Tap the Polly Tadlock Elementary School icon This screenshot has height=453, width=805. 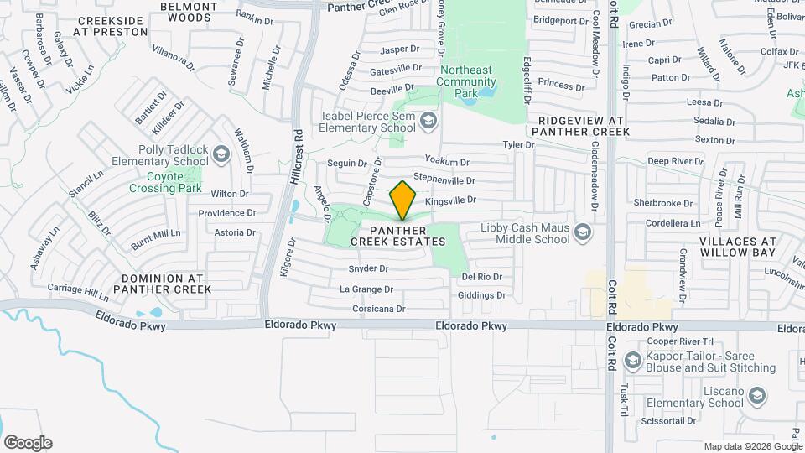221,154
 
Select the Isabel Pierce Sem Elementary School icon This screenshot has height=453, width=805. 429,122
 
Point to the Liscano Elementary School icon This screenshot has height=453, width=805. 758,396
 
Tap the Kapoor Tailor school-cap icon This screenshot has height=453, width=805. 633,361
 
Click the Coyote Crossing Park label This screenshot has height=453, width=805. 165,182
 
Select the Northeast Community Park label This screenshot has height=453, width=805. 468,81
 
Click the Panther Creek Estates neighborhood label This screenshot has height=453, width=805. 397,236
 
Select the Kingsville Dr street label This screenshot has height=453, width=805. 450,200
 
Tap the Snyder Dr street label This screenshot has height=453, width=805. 368,269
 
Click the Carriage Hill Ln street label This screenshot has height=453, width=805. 78,292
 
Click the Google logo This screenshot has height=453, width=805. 28,443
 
